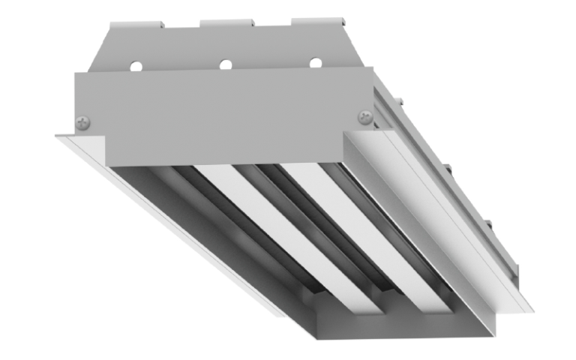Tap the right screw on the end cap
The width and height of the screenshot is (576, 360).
(x=365, y=116)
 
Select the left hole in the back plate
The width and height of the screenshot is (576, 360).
(x=136, y=66)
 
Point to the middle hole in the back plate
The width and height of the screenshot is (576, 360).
(x=225, y=64)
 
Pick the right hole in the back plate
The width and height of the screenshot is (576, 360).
(x=315, y=63)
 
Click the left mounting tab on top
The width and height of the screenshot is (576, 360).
(x=136, y=25)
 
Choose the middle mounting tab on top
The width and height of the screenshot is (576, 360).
(x=226, y=23)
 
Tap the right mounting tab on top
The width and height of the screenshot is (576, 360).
(x=319, y=21)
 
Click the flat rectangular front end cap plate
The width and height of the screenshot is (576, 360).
(x=225, y=116)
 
